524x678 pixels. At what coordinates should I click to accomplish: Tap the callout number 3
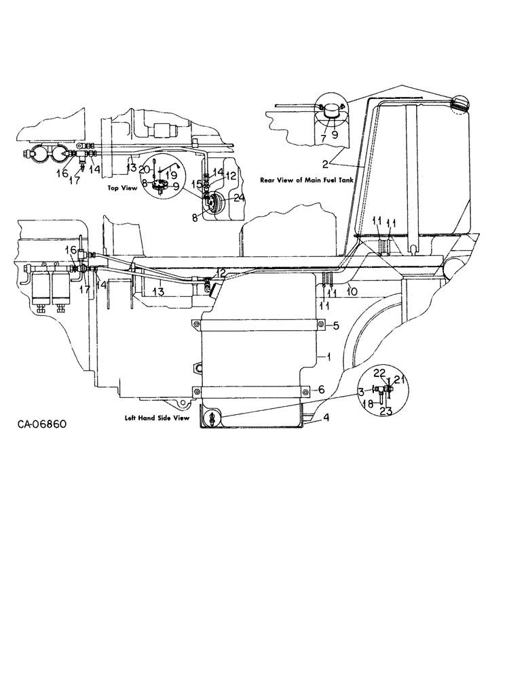(361, 392)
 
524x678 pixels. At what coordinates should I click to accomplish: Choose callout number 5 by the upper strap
(335, 326)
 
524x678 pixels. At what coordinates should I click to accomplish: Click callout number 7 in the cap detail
(323, 138)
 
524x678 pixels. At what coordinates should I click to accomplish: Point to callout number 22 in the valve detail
(379, 373)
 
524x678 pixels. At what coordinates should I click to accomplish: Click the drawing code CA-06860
(43, 425)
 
